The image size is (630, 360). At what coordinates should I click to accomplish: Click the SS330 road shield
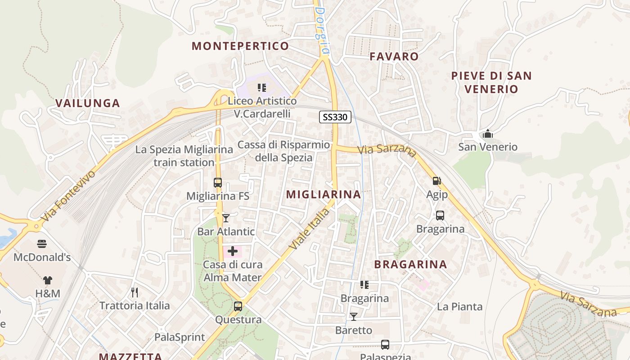coord(335,117)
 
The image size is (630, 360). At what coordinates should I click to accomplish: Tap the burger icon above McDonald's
coord(42,244)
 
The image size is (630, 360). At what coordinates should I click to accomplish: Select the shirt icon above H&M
coord(48,280)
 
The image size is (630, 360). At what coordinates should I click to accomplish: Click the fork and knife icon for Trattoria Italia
coord(134,292)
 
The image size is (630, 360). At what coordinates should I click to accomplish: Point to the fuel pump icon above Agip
coord(436,181)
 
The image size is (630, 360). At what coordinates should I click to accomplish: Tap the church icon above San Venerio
coord(487,134)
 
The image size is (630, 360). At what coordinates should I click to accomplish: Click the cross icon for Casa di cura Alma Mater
coord(233,251)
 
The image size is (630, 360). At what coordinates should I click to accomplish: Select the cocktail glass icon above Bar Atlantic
coord(226,218)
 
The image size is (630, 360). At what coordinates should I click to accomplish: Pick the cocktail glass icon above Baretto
coord(354,317)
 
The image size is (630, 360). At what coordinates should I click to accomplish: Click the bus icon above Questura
coord(238,306)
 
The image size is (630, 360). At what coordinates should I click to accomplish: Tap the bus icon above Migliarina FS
coord(218,183)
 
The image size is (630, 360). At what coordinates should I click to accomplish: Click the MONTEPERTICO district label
coord(240,46)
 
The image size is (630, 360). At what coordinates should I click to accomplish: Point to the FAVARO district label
coord(394,56)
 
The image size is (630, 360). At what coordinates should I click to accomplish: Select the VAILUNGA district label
coord(88,103)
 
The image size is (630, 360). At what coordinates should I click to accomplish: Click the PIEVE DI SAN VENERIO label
coord(491,82)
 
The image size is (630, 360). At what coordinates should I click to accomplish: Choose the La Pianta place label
coord(459,307)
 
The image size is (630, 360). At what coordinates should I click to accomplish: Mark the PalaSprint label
coord(180,337)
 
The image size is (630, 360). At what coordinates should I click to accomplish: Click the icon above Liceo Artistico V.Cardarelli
coord(262,87)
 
